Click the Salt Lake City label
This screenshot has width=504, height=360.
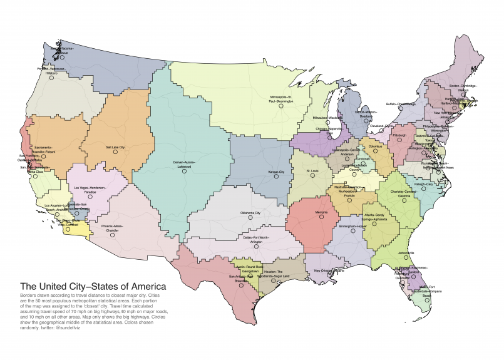click(x=115, y=147)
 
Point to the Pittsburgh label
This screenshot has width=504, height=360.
click(x=400, y=135)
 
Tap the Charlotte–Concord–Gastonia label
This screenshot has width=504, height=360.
click(x=401, y=192)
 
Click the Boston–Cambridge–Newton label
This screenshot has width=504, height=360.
click(x=463, y=88)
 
